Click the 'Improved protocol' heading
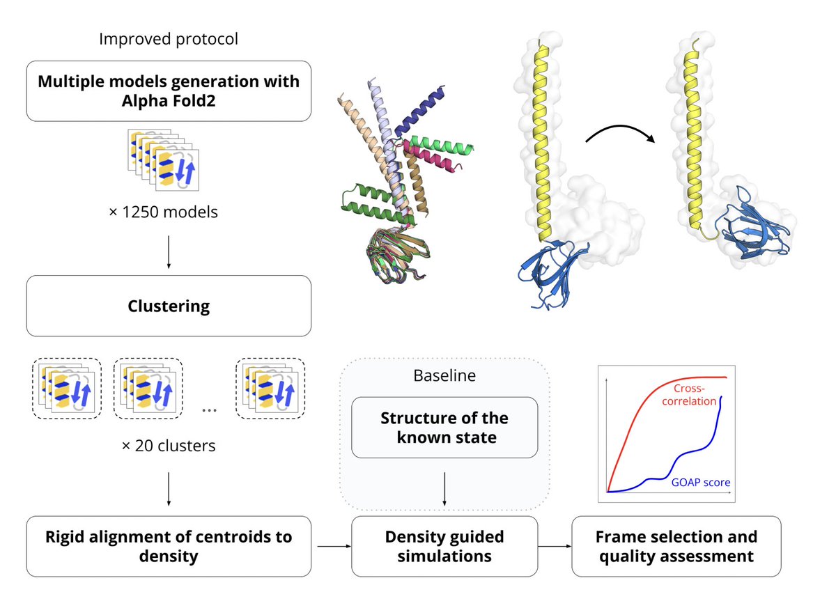(168, 39)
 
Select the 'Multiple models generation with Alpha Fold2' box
(169, 91)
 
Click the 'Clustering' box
(169, 306)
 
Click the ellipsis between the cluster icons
(208, 410)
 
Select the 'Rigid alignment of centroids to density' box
(169, 546)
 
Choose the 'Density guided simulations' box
(444, 546)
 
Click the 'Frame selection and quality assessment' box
(676, 546)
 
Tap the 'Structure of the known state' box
(444, 428)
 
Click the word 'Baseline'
(444, 375)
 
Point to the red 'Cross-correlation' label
(695, 395)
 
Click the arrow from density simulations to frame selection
(555, 546)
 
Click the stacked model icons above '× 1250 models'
(164, 159)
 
